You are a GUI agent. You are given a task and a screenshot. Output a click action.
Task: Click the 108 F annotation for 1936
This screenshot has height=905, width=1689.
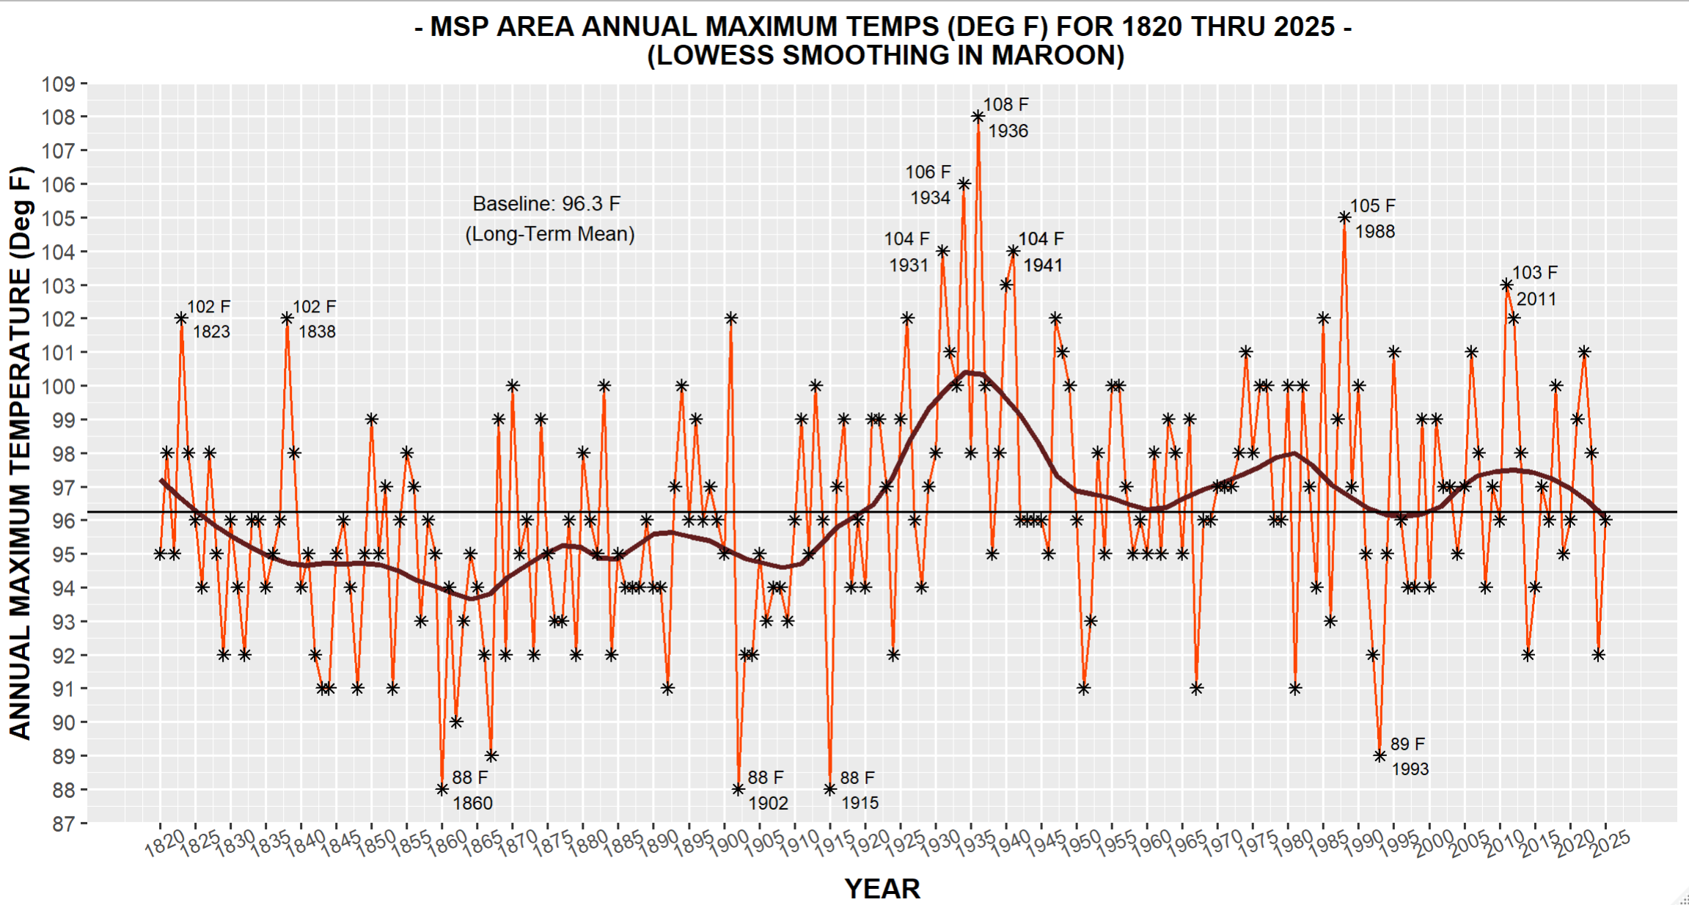(x=1005, y=105)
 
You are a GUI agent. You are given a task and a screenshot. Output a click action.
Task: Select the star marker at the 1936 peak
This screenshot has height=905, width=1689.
(x=978, y=117)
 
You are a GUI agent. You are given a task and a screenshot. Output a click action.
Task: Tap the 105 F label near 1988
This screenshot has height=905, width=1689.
(x=1372, y=206)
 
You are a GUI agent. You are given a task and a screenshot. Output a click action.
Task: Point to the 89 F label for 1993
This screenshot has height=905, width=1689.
(x=1407, y=744)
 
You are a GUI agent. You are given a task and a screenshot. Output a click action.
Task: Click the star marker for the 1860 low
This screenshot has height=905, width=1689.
(x=442, y=789)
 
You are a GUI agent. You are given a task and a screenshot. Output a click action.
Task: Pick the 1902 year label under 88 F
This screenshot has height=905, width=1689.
(x=768, y=803)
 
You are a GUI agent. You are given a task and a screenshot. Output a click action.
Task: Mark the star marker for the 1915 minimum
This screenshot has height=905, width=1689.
(x=829, y=789)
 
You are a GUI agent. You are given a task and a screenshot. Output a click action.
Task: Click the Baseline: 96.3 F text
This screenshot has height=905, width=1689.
(x=546, y=204)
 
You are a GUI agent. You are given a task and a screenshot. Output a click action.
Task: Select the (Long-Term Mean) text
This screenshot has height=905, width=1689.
(x=550, y=234)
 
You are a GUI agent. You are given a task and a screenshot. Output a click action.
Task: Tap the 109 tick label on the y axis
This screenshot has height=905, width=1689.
(x=59, y=84)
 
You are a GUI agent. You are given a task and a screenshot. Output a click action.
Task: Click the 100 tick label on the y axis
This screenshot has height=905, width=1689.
(x=59, y=386)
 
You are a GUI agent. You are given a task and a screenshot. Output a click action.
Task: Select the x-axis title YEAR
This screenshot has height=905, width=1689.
(x=882, y=889)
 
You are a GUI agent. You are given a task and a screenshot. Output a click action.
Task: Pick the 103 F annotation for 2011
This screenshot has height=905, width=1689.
(x=1534, y=273)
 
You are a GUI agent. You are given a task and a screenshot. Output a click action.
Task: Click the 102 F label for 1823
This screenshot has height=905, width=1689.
(x=208, y=307)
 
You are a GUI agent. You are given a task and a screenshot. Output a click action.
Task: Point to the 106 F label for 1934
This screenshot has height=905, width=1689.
(x=928, y=172)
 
